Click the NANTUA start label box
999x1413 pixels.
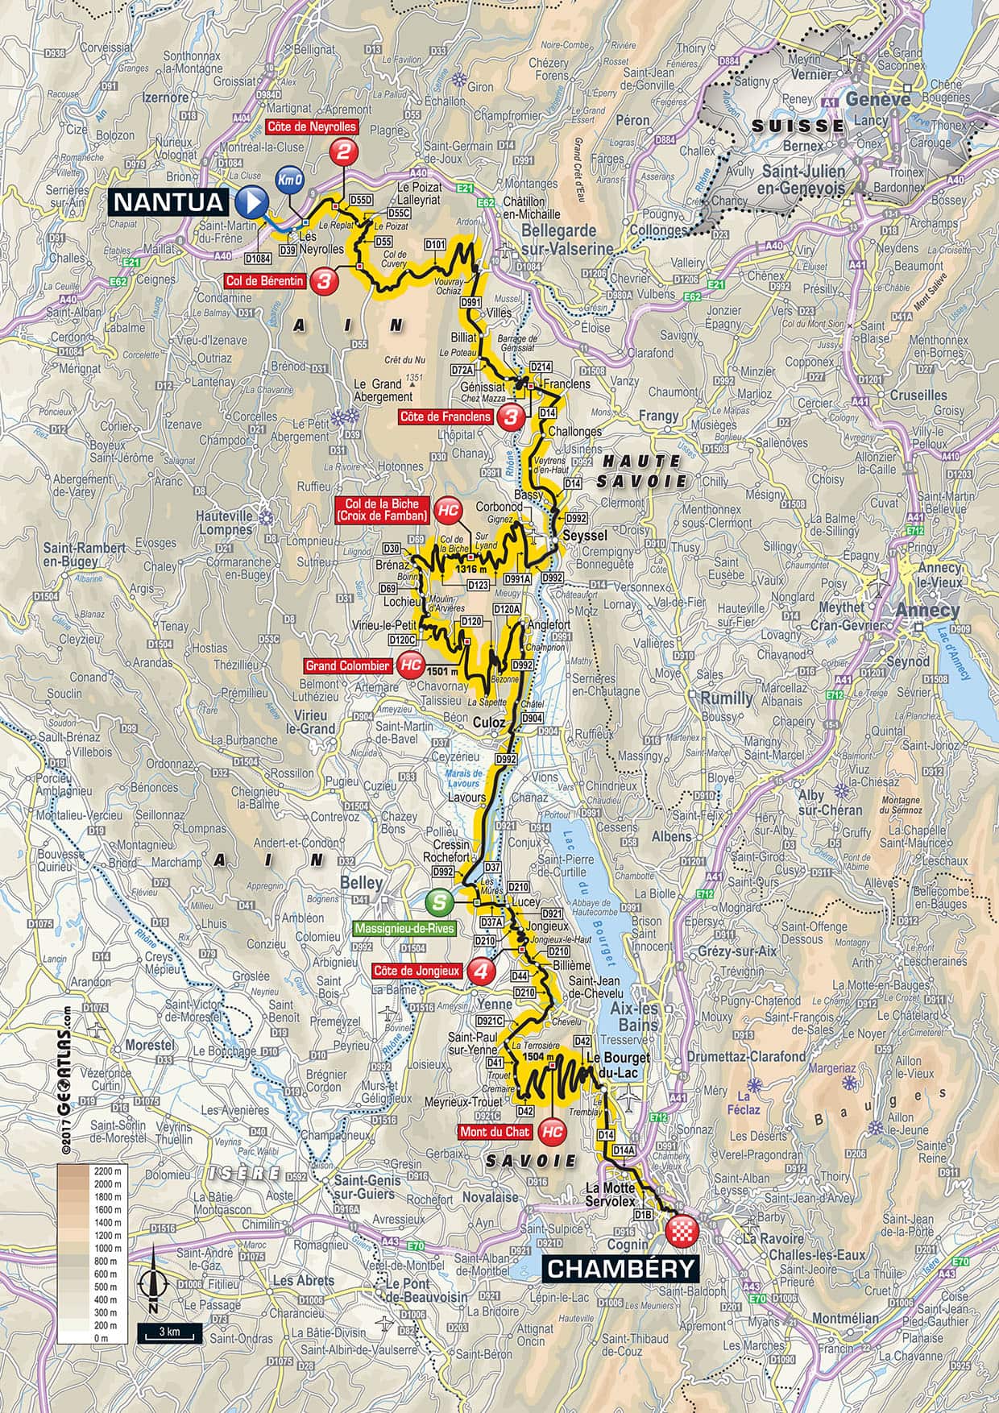169,201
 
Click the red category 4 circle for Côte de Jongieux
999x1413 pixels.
482,972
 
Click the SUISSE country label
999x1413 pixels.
798,126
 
